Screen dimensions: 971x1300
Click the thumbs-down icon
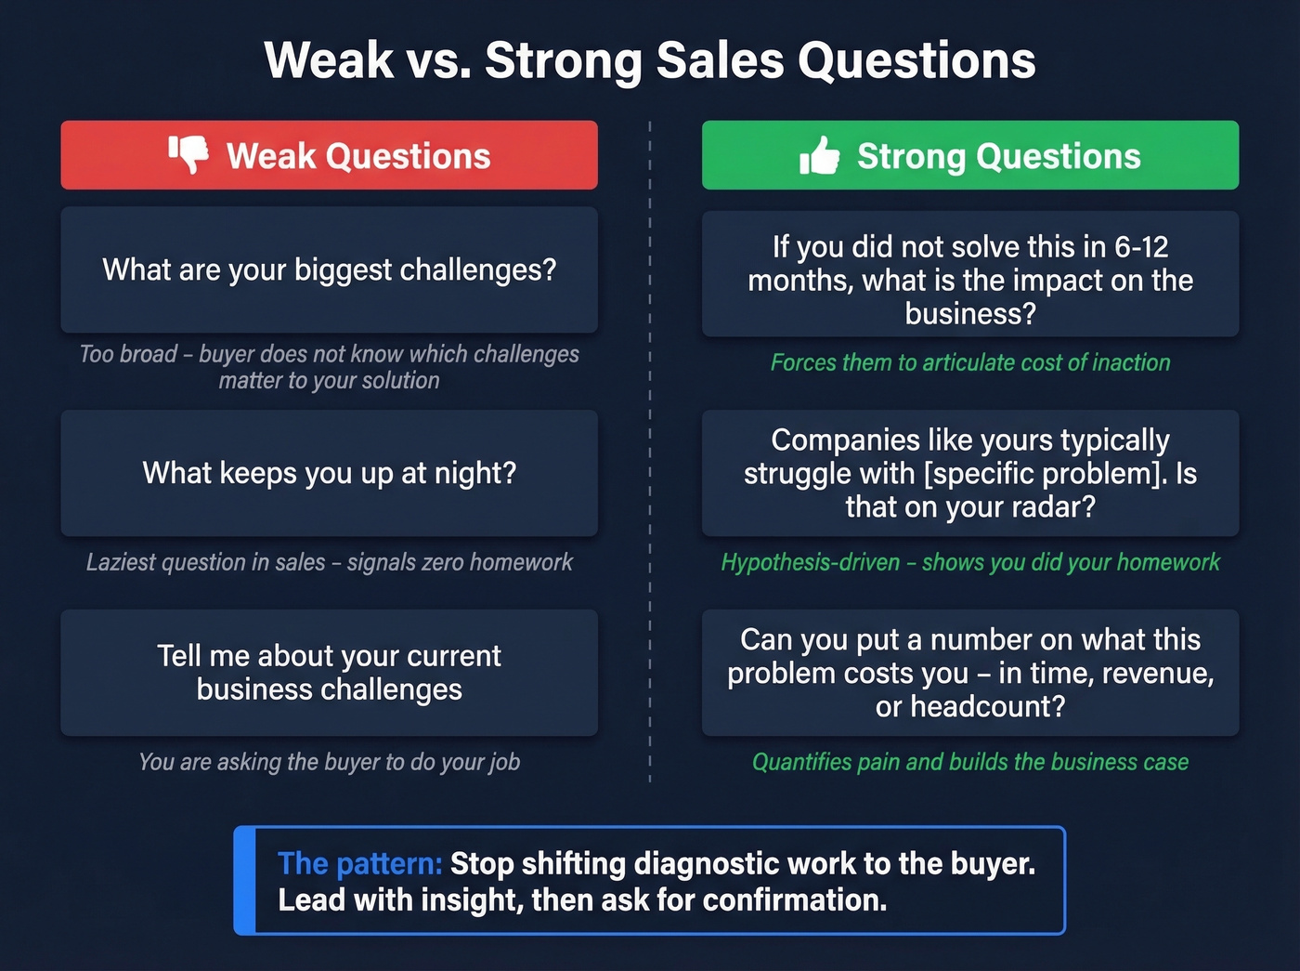pos(188,154)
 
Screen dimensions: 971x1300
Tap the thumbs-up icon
pos(819,156)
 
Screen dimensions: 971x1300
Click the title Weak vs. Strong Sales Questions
pos(649,60)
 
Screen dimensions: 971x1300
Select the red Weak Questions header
pos(329,155)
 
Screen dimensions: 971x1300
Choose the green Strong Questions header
pos(969,155)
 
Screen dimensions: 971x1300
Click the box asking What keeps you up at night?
pos(329,473)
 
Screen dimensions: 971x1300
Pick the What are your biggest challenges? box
pos(329,269)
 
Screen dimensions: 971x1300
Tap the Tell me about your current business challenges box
pos(329,673)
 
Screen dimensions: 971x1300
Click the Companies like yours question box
pos(969,473)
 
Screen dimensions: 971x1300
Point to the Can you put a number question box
pos(969,673)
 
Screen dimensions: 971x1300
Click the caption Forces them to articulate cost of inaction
pos(969,362)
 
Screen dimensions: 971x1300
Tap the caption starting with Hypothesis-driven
pos(969,562)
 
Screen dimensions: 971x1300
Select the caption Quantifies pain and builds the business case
pos(969,762)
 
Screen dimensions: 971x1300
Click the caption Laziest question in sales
pos(329,562)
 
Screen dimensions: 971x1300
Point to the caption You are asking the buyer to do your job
pos(329,762)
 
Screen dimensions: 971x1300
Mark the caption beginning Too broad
pos(329,367)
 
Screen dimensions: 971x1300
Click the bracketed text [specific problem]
pos(1045,474)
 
